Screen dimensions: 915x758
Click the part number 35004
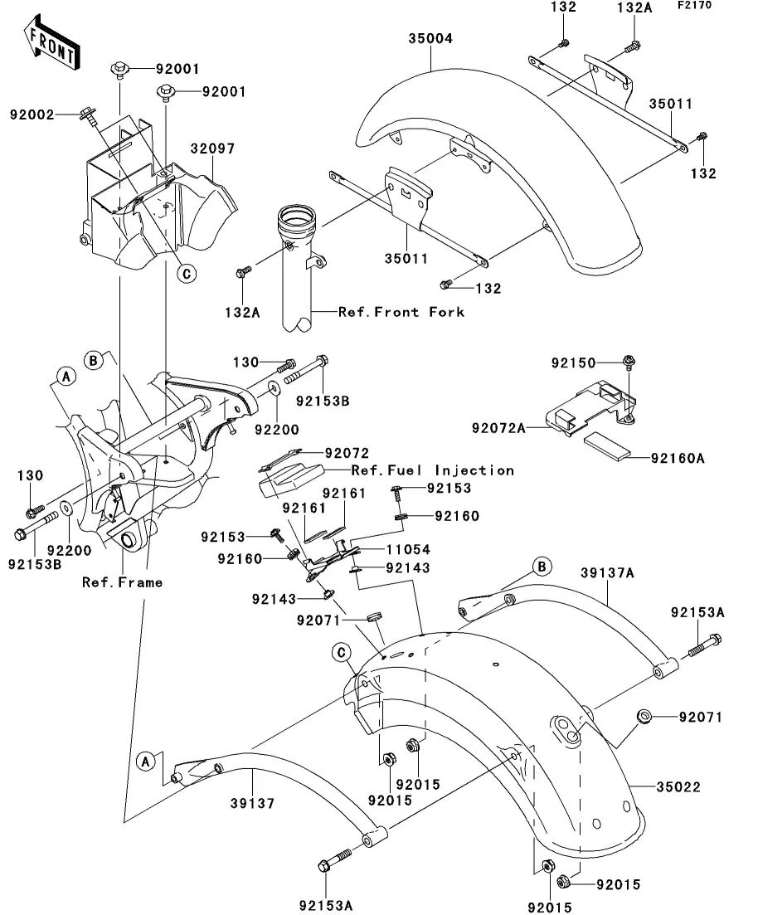coord(431,38)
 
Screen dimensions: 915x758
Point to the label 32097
coord(212,150)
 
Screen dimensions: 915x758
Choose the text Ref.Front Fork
coord(401,312)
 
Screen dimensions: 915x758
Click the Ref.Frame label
coord(122,582)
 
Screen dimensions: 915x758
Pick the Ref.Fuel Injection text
coord(432,470)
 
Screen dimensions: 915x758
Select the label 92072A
coord(500,428)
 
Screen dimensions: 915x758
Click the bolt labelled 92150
coord(627,362)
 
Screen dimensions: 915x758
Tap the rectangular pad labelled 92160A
coord(607,445)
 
